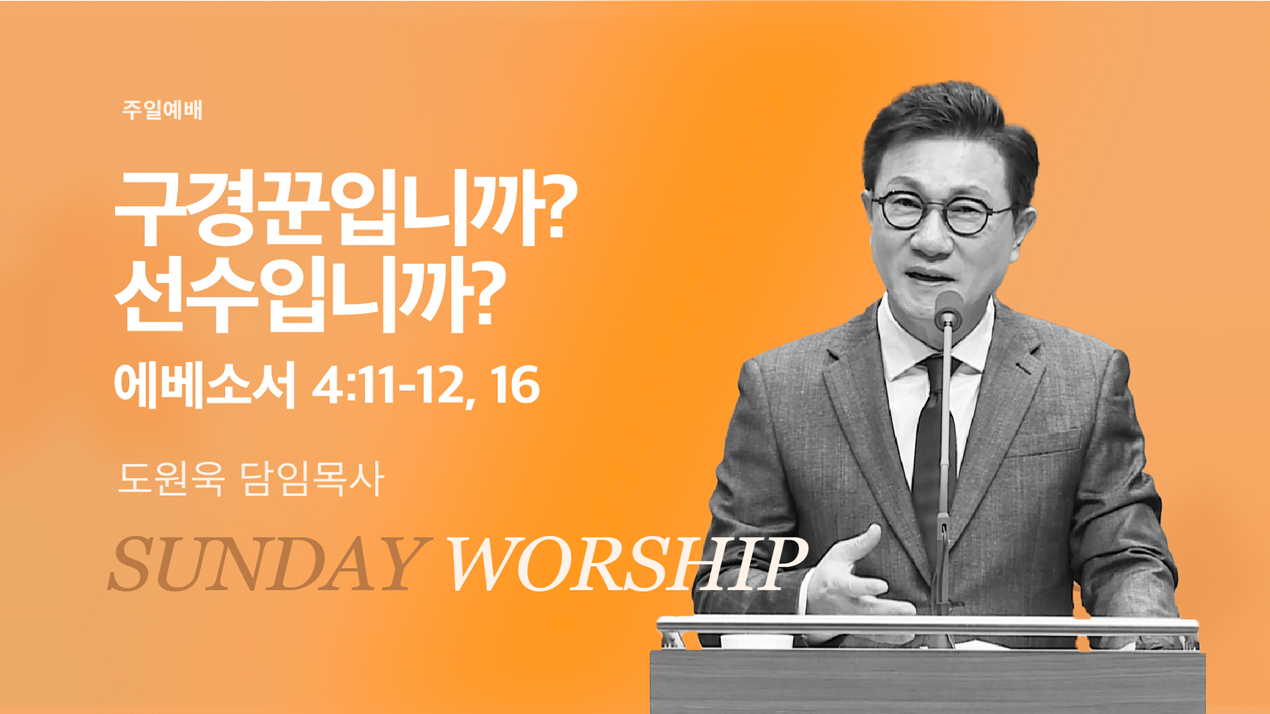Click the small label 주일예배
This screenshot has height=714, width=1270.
pos(162,110)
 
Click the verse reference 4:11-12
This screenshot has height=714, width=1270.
pos(389,386)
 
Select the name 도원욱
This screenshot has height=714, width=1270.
pos(171,478)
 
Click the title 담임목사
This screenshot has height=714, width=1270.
pos(312,478)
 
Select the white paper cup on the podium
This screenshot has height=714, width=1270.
pos(756,640)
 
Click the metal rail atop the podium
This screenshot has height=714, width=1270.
pos(927,625)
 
